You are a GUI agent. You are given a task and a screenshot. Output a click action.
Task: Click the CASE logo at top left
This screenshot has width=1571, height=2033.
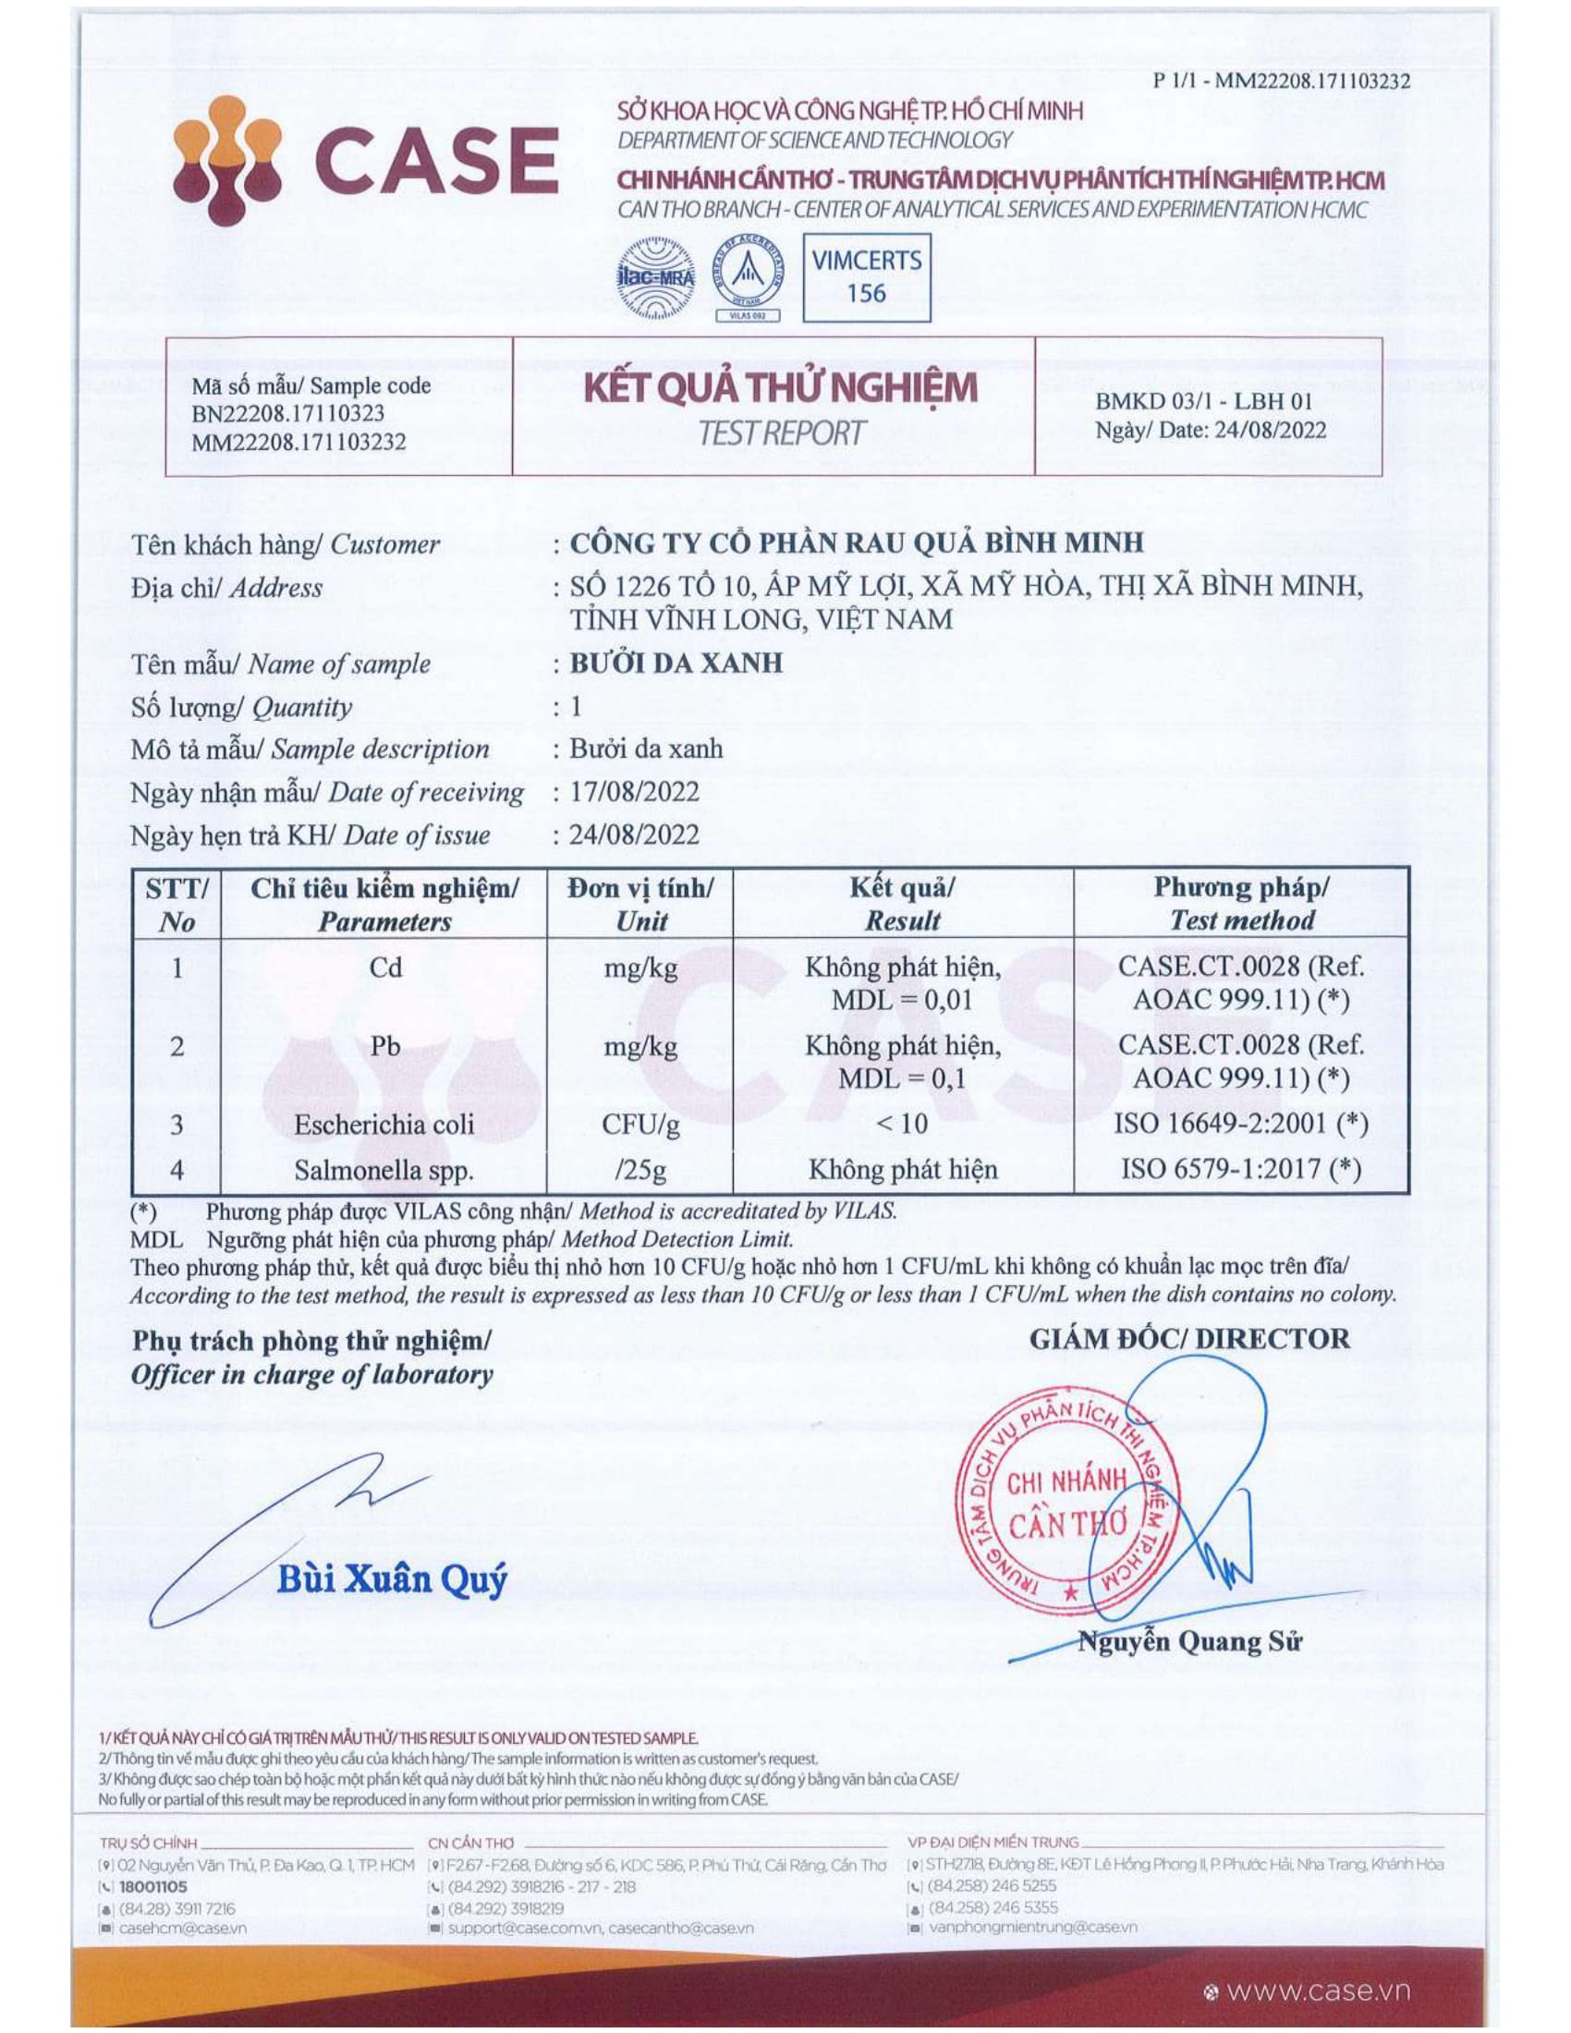point(365,160)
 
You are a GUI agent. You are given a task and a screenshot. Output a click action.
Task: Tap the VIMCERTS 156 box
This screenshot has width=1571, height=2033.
point(866,277)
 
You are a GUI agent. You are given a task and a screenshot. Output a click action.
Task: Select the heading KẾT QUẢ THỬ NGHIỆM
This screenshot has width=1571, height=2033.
point(780,387)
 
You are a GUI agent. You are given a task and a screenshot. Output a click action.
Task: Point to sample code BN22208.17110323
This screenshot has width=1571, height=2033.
point(287,413)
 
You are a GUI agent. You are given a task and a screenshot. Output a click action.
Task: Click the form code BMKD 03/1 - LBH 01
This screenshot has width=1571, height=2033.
point(1203,402)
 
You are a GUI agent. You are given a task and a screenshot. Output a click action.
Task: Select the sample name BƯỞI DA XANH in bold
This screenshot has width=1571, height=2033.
point(676,663)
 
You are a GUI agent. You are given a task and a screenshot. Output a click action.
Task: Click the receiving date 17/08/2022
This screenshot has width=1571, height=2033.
point(634,792)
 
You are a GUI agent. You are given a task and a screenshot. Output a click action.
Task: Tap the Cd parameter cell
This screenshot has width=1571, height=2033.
point(384,968)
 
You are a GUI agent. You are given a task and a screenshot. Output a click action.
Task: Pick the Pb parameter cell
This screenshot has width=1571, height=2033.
point(384,1046)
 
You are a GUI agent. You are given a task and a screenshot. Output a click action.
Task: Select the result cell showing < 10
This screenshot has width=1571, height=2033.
point(902,1124)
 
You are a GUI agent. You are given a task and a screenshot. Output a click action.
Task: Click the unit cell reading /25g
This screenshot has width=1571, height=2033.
point(640,1169)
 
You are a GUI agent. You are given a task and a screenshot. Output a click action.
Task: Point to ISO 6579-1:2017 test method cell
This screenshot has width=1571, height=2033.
point(1240,1168)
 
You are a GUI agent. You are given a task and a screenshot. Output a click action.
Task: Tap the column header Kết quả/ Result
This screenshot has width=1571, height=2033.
point(902,904)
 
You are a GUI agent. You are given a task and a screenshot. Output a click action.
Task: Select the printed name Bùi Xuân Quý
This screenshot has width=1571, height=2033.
point(392,1579)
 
